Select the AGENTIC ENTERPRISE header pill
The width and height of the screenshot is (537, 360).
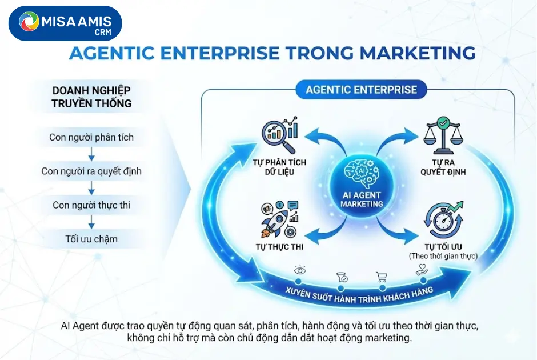pos(361,90)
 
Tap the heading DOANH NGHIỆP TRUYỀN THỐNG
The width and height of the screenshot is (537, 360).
pos(91,97)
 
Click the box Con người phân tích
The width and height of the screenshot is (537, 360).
pos(91,137)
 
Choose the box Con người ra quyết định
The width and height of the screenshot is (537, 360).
pos(91,171)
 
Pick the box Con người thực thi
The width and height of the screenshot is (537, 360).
pos(91,205)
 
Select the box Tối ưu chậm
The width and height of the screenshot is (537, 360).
pos(91,239)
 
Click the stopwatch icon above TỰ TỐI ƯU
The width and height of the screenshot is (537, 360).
pos(443,221)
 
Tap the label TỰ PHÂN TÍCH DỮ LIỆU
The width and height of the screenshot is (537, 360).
pos(279,167)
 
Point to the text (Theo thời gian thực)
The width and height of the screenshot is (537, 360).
pos(443,256)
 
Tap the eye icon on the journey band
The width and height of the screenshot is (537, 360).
pos(298,269)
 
